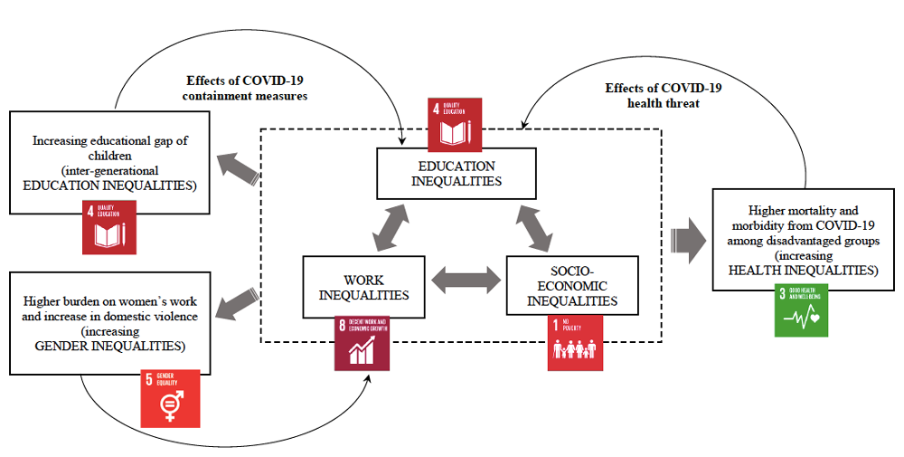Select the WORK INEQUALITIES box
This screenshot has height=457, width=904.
(x=363, y=287)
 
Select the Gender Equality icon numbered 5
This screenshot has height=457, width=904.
(x=169, y=398)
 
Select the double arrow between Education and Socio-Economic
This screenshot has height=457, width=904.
(x=536, y=228)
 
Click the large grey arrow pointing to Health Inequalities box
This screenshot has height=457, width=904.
(x=689, y=240)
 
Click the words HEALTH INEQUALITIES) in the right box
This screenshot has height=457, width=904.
(x=803, y=270)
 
